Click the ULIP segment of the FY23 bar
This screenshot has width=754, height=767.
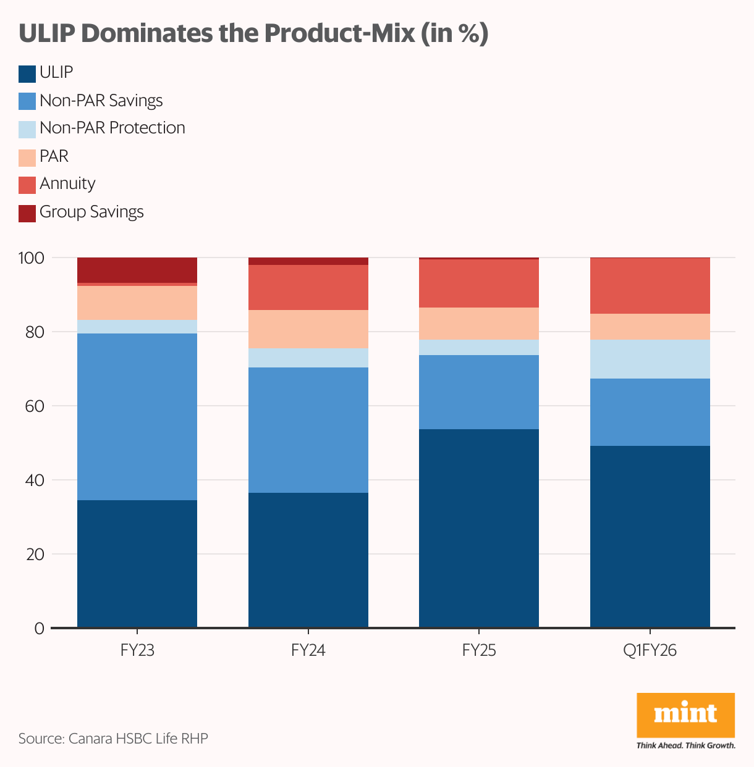pos(137,563)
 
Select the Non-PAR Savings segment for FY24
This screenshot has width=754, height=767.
pos(308,430)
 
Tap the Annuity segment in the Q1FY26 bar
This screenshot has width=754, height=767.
pos(650,286)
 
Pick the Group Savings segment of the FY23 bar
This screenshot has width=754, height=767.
pos(137,270)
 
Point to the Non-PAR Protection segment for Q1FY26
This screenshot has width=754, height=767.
pos(650,359)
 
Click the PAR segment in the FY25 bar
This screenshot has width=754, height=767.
pos(478,324)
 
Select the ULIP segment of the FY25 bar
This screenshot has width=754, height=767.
pos(478,528)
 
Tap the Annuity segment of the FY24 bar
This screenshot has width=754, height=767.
pos(308,287)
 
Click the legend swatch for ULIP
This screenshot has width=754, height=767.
pos(27,73)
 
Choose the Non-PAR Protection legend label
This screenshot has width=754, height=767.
pos(112,128)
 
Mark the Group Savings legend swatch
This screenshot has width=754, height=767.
pos(27,213)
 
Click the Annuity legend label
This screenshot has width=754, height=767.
pos(67,184)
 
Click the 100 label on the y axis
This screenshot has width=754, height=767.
pos(32,258)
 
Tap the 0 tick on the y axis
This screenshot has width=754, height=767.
pos(40,629)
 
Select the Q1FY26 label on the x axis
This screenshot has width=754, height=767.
pos(650,651)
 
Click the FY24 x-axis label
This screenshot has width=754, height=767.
pos(308,651)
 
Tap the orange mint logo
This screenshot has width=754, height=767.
pos(685,715)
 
